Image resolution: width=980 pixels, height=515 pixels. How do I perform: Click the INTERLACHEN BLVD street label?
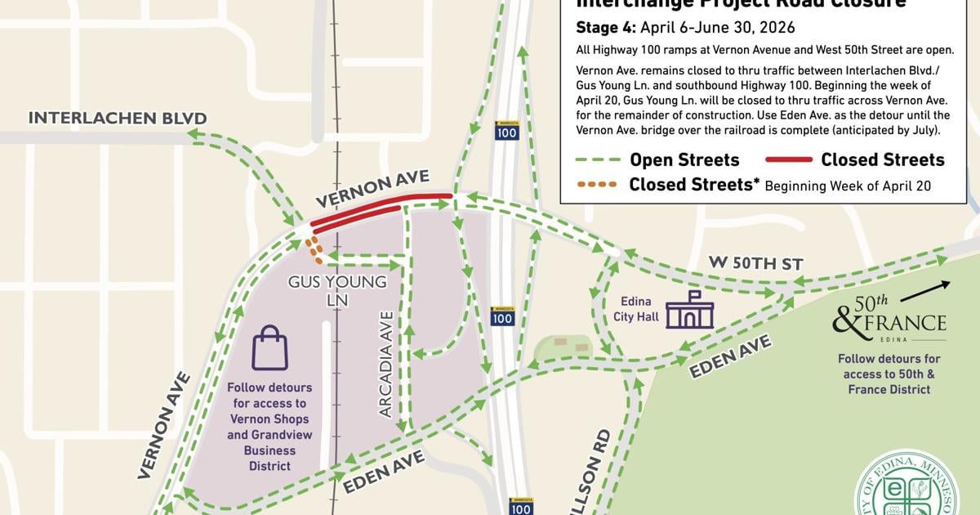click(118, 118)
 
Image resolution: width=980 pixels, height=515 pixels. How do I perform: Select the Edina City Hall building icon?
click(690, 311)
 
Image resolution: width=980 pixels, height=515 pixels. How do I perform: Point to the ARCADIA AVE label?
click(386, 364)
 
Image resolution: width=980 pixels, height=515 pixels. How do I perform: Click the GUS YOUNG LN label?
click(337, 290)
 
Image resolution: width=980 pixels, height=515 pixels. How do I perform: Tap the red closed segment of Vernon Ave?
click(380, 209)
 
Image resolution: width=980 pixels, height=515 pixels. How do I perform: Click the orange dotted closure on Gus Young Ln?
click(314, 245)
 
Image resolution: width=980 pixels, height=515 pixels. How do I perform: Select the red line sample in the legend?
click(788, 159)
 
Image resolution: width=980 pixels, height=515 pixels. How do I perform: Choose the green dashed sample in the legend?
click(598, 159)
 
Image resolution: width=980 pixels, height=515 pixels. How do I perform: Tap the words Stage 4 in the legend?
click(607, 26)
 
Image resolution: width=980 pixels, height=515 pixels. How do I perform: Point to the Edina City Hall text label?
click(636, 309)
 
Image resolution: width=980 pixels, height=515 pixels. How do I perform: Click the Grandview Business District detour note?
click(269, 427)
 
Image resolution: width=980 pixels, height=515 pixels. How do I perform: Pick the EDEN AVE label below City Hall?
click(729, 358)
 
